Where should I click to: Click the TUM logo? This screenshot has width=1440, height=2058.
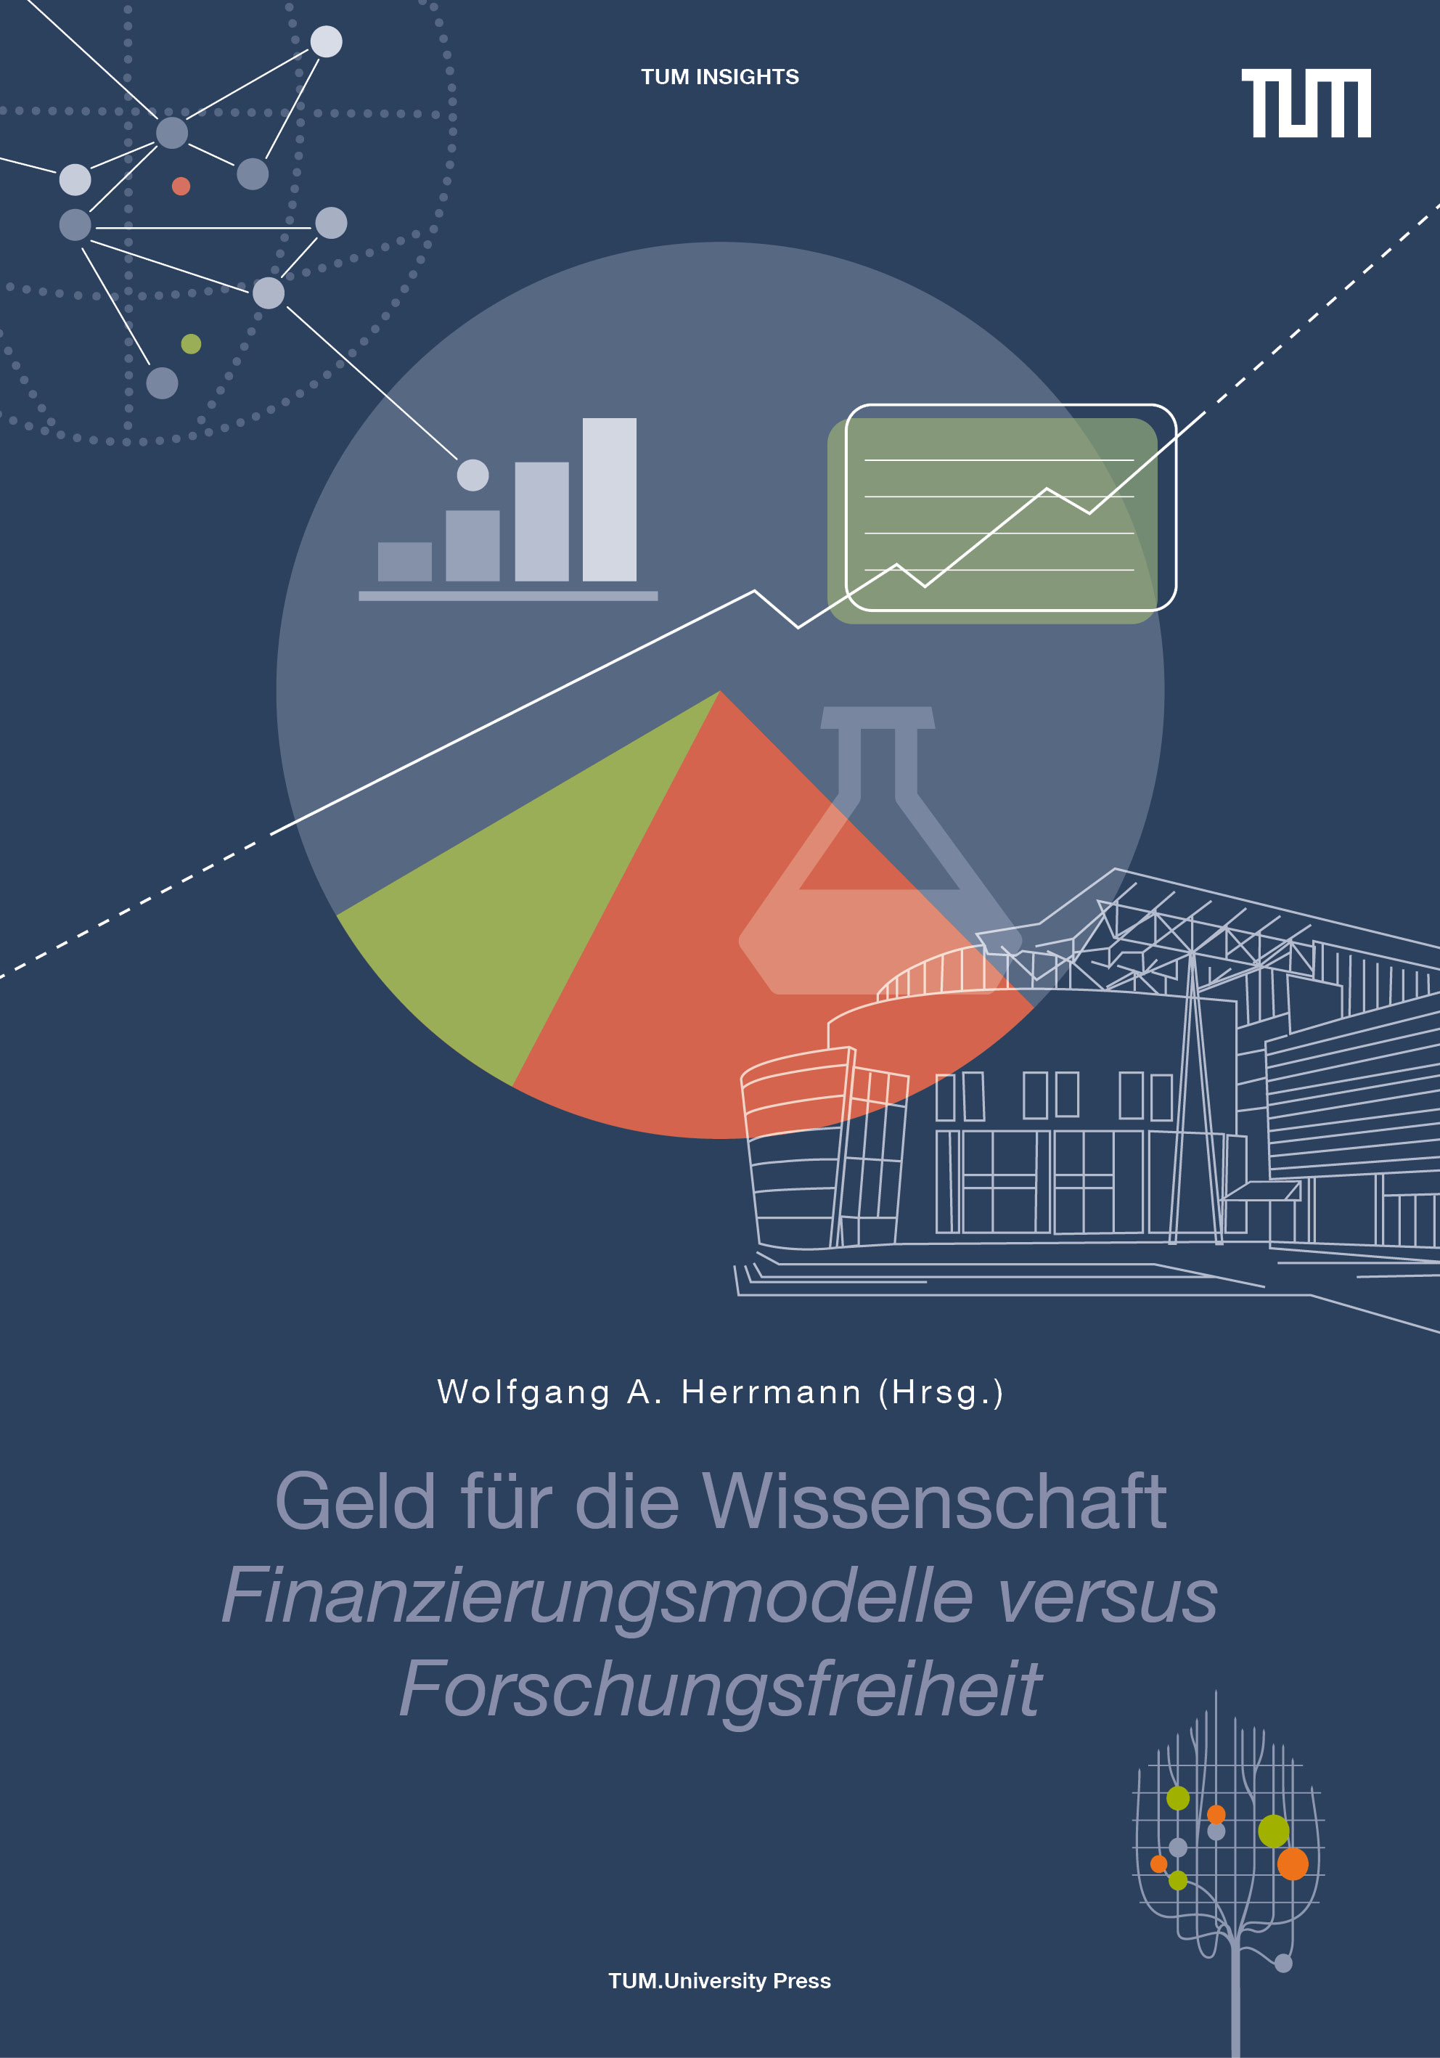(x=1306, y=103)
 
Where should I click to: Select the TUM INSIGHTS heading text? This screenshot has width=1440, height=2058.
(x=719, y=77)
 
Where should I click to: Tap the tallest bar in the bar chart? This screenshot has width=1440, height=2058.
(x=610, y=499)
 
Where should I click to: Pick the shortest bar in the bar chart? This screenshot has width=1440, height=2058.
(x=405, y=561)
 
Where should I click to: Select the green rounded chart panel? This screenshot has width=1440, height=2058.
(x=992, y=520)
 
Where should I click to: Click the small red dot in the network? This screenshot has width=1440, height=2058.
(x=181, y=186)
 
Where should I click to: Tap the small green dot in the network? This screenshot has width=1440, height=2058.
(x=191, y=343)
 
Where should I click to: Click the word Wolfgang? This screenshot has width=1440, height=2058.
(x=523, y=1393)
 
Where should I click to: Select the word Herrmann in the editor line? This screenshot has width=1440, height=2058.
(x=772, y=1392)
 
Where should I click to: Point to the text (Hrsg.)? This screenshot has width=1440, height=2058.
(x=941, y=1393)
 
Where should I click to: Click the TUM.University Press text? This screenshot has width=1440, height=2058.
(x=719, y=1981)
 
